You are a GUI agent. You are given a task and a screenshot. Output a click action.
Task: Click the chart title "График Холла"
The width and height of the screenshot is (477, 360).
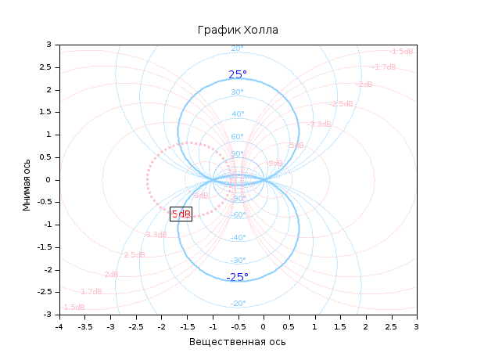[238, 30]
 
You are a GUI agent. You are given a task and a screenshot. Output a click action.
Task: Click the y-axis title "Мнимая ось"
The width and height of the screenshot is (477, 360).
[27, 180]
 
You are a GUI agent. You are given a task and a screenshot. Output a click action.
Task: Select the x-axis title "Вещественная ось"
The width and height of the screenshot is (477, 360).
[238, 342]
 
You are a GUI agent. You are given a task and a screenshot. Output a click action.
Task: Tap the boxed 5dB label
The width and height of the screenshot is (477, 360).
[181, 214]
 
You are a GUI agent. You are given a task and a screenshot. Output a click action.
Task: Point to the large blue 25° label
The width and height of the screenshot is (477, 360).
[238, 75]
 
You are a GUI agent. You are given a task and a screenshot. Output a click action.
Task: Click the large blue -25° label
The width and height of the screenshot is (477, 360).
[237, 277]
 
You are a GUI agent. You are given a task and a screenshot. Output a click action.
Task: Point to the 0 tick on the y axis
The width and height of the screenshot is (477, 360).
[52, 180]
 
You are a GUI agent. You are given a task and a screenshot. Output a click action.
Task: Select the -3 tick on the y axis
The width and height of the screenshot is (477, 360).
[50, 315]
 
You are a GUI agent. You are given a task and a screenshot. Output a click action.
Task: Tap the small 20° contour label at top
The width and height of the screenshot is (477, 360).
[238, 49]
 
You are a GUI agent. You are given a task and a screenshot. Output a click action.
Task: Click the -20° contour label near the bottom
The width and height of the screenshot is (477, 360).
[238, 304]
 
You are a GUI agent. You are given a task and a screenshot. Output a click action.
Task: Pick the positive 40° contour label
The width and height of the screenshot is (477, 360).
[238, 114]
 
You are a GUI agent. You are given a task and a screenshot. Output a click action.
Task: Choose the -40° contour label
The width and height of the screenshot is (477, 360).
[238, 238]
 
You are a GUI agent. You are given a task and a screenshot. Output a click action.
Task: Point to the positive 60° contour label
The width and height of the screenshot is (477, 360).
[238, 137]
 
